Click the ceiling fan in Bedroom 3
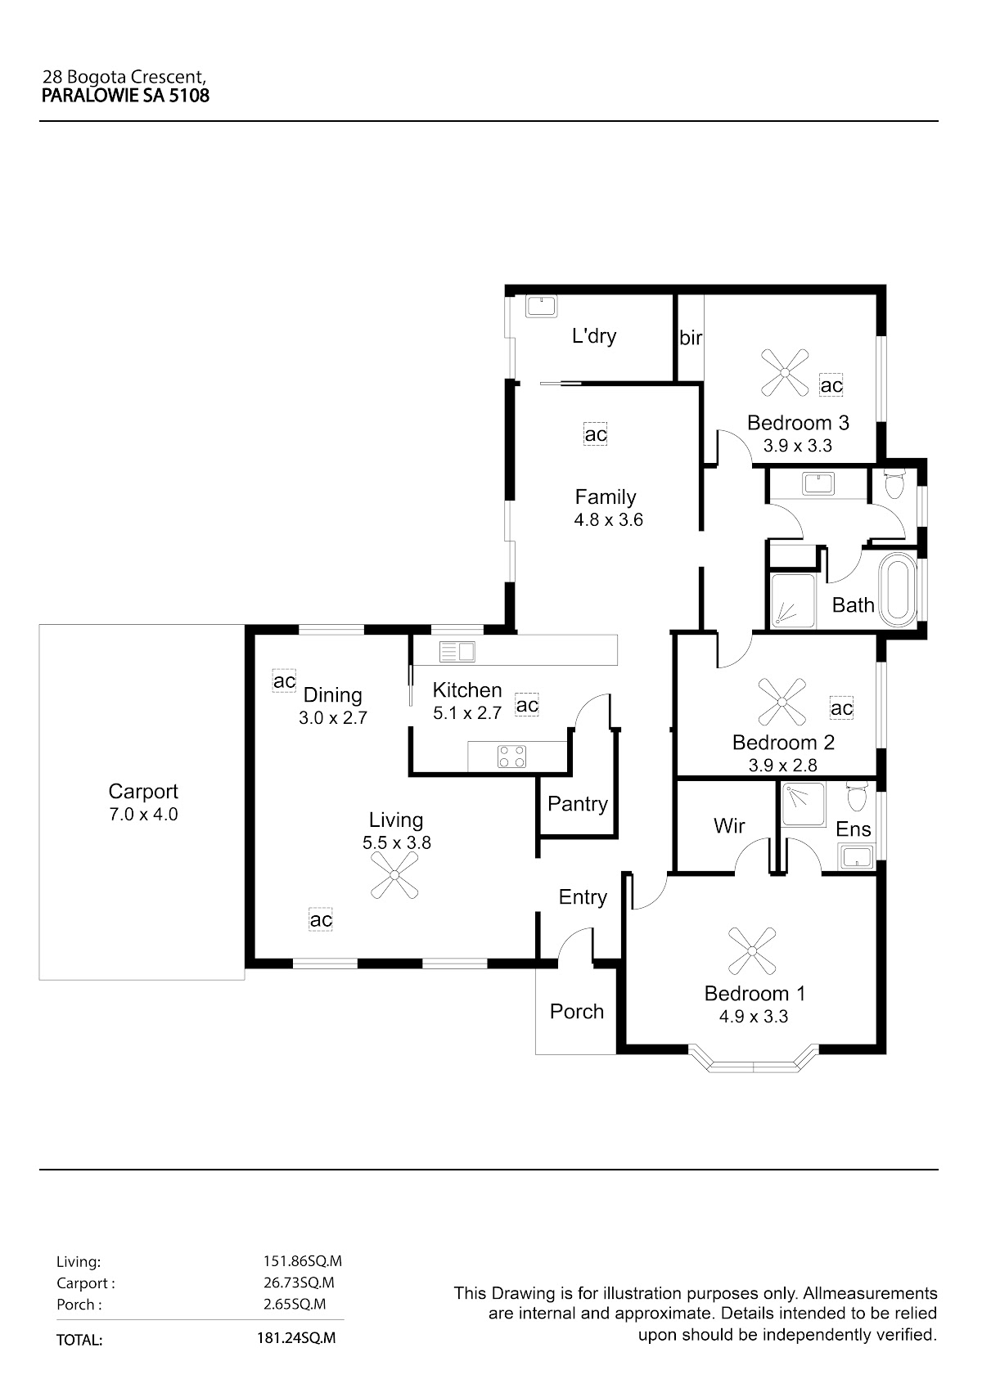(x=784, y=372)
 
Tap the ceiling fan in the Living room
(x=394, y=875)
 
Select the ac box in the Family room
(x=595, y=433)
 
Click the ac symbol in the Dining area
(x=284, y=681)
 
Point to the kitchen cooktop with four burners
(x=511, y=757)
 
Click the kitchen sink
(x=457, y=651)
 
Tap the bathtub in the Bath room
(x=899, y=589)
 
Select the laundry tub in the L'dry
(x=541, y=307)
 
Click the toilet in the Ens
(x=858, y=797)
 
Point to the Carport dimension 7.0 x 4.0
(x=143, y=814)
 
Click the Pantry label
(x=577, y=804)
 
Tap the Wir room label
(x=728, y=825)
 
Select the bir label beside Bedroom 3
(x=691, y=338)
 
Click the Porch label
(x=577, y=1011)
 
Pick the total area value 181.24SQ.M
(x=296, y=1338)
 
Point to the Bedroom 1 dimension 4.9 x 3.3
(x=753, y=1017)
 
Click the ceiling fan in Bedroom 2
(x=782, y=702)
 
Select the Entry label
(x=582, y=897)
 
